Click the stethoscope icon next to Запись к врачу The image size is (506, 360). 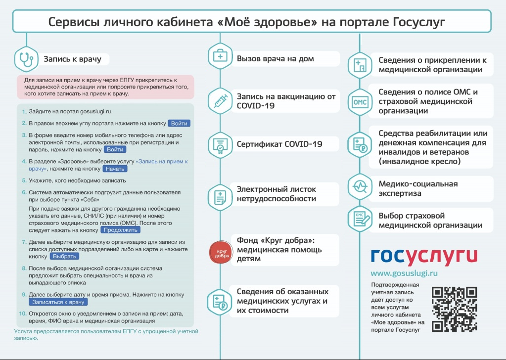tap(26, 59)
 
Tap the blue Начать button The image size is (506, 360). tap(115, 169)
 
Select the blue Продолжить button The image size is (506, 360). tap(120, 230)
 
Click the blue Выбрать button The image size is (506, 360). tap(64, 257)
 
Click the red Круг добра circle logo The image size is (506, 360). tap(221, 252)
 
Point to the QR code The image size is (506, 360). tap(454, 310)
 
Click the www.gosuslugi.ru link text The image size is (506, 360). tap(404, 273)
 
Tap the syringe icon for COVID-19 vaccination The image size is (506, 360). tap(221, 101)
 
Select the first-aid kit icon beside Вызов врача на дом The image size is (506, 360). tap(221, 56)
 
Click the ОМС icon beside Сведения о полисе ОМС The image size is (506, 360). tap(360, 102)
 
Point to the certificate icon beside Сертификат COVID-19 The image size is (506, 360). tap(221, 145)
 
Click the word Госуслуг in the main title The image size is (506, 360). tap(419, 22)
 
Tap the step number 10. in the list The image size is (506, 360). tap(23, 314)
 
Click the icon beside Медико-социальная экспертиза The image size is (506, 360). tap(360, 186)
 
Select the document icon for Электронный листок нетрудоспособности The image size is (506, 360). tap(221, 197)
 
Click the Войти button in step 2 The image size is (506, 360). tap(179, 123)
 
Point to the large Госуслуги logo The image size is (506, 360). tap(424, 257)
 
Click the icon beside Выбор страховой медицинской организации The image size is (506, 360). tap(360, 219)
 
